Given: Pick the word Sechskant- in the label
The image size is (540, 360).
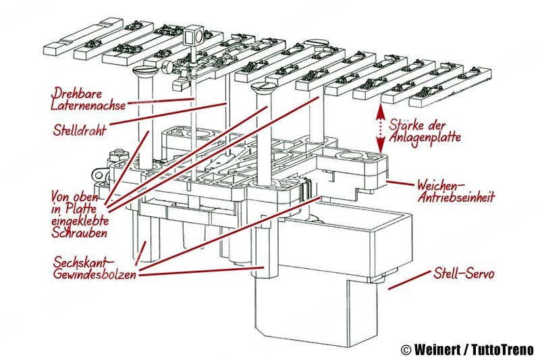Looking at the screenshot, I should click(x=80, y=261).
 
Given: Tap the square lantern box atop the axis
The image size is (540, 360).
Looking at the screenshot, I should click(x=195, y=36).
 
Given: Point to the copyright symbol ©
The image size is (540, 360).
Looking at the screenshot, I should click(x=406, y=350).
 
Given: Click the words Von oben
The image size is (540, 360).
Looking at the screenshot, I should click(x=73, y=197).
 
